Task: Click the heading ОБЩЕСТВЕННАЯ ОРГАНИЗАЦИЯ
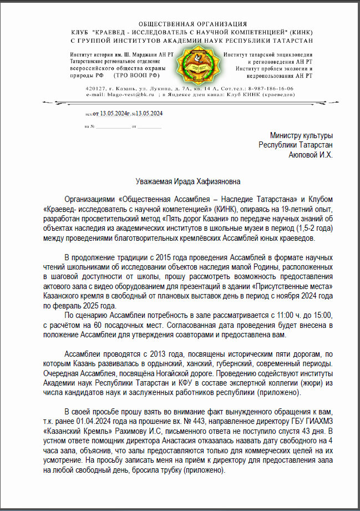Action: pos(192,24)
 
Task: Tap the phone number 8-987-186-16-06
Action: pos(271,89)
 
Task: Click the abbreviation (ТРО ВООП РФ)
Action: pos(137,74)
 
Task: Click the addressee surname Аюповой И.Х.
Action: pos(311,155)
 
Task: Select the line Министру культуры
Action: pos(301,135)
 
